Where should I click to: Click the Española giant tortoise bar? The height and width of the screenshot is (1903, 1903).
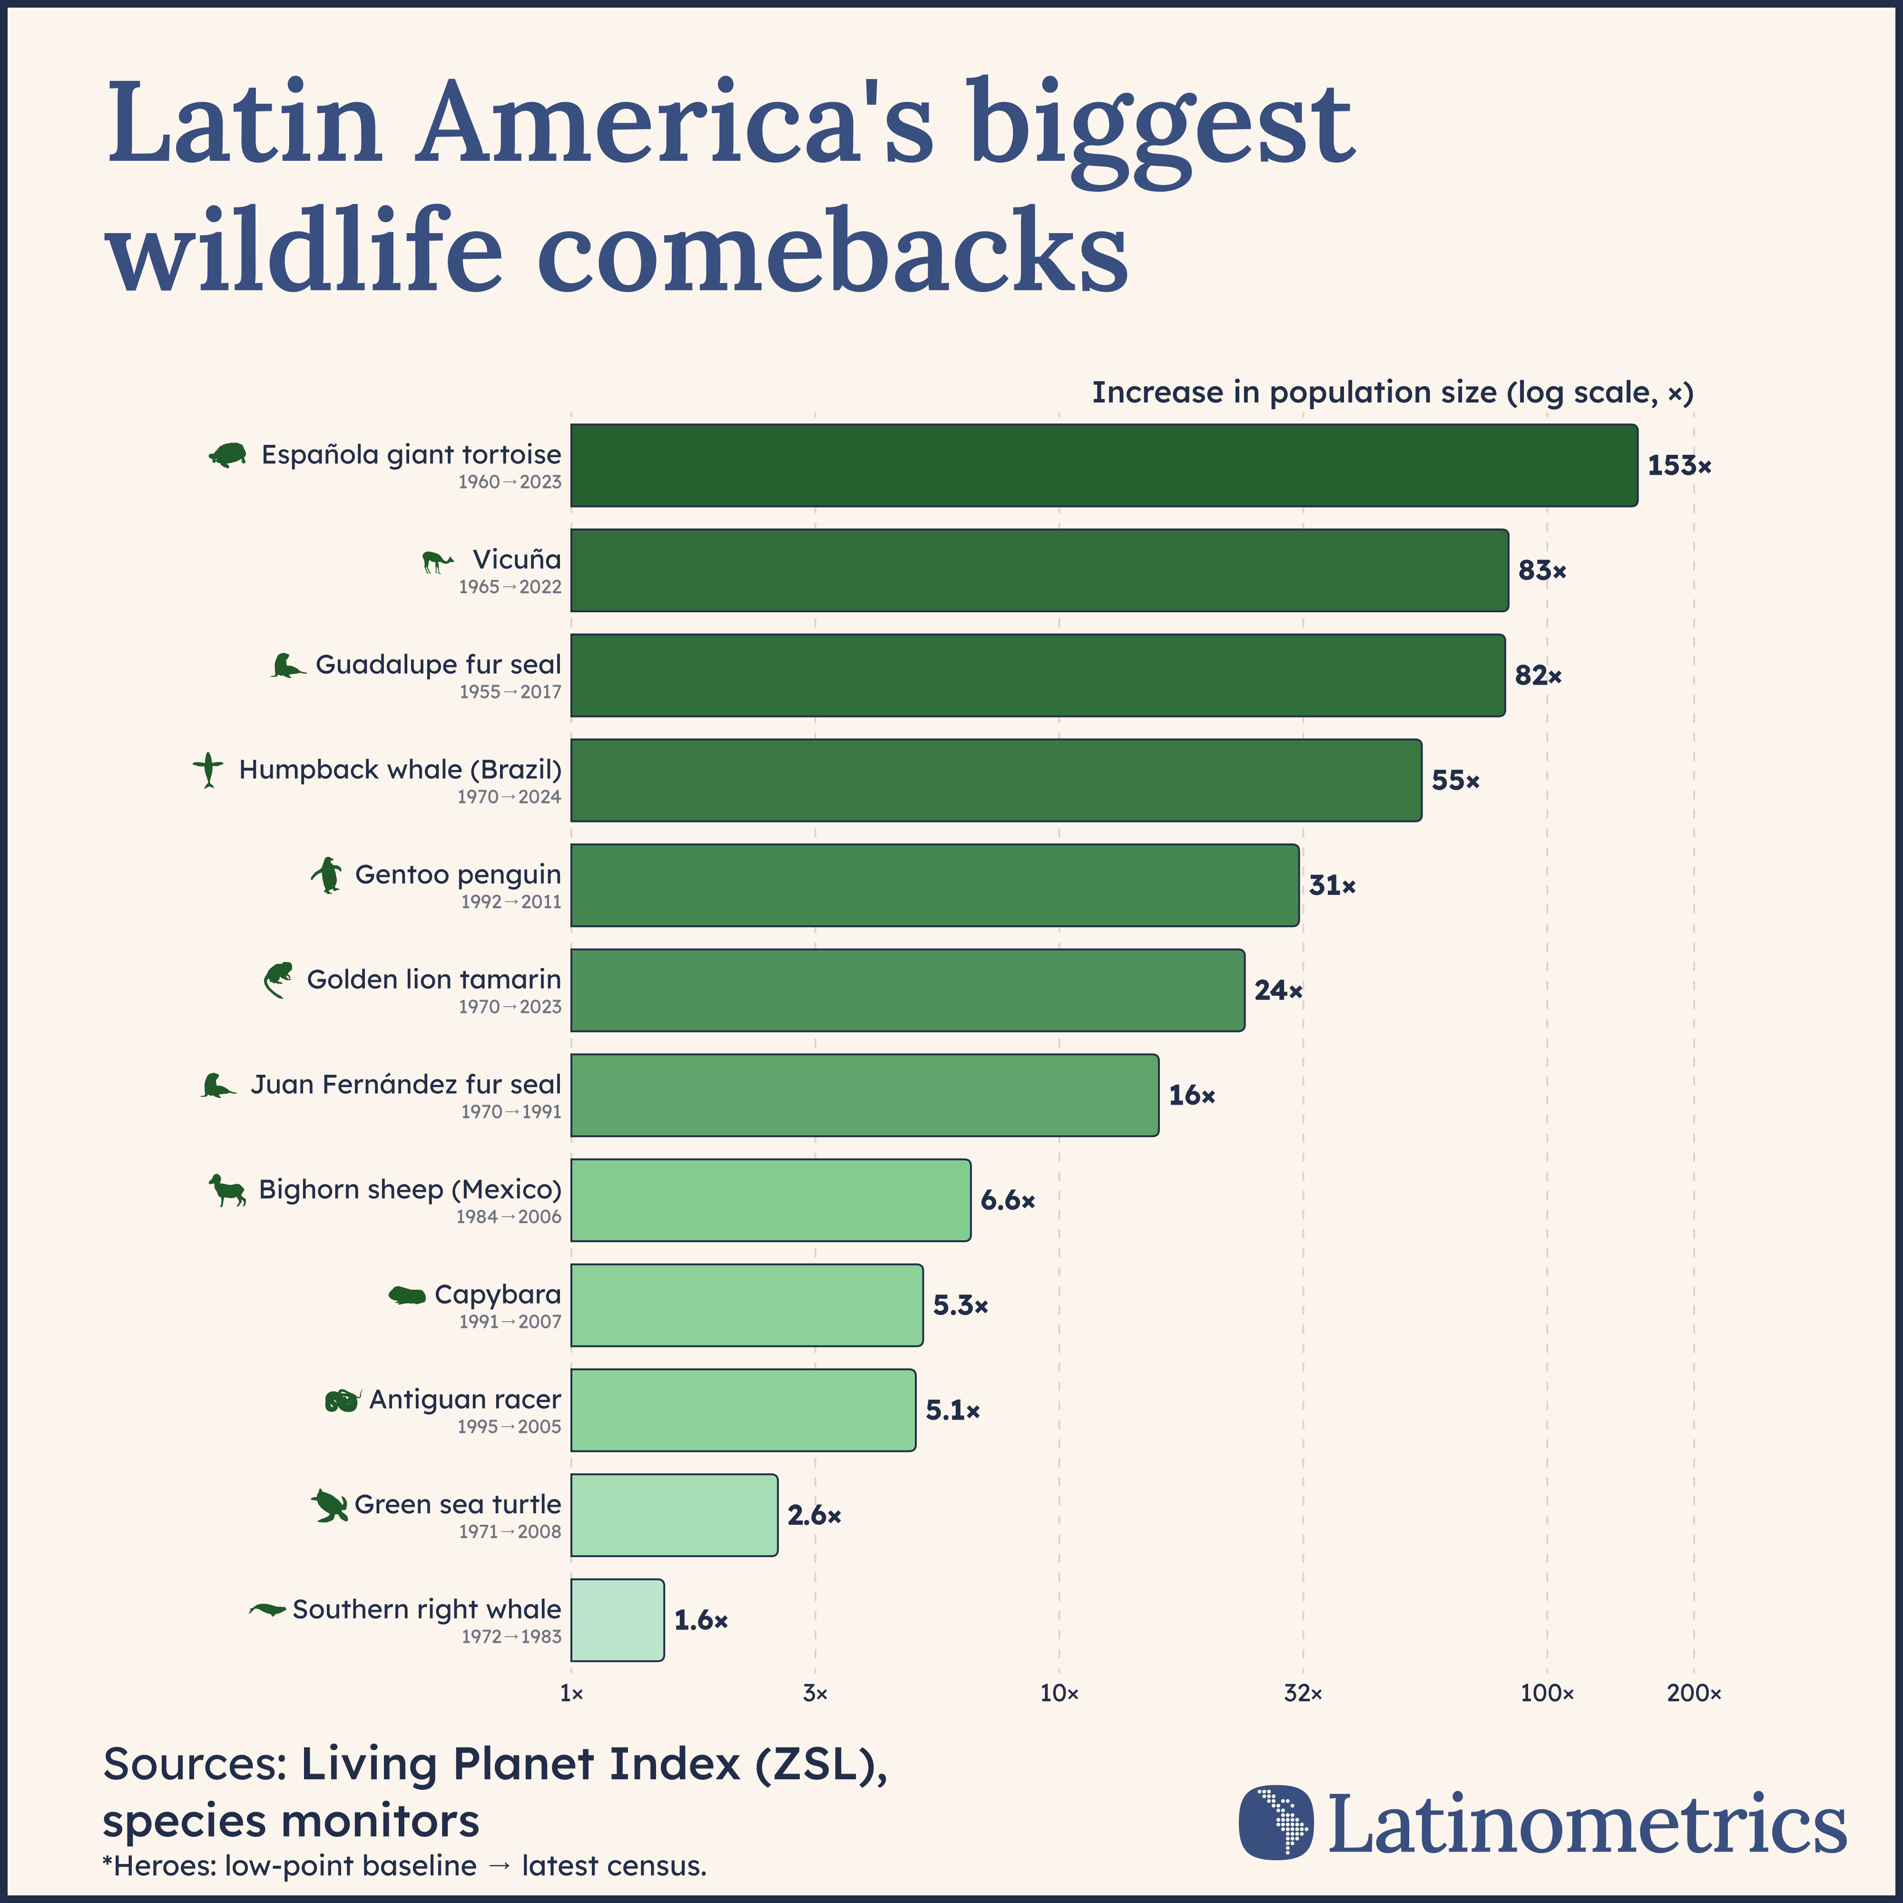[1103, 466]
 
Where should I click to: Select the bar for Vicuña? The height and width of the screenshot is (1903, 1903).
[1039, 570]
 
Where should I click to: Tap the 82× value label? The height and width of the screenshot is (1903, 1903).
[1538, 676]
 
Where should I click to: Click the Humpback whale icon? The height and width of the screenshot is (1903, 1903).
[208, 769]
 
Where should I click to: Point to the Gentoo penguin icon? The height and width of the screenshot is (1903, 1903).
[327, 875]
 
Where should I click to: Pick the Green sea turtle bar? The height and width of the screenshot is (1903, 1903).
[674, 1515]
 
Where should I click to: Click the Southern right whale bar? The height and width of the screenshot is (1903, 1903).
[617, 1620]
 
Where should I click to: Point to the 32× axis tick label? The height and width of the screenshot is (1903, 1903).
[1302, 1693]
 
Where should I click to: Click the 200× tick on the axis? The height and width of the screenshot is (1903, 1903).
[1693, 1693]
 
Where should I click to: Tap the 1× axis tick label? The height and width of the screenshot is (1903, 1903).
[571, 1693]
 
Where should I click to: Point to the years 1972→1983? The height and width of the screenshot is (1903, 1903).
[511, 1636]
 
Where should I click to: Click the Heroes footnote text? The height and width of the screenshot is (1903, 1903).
[404, 1865]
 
